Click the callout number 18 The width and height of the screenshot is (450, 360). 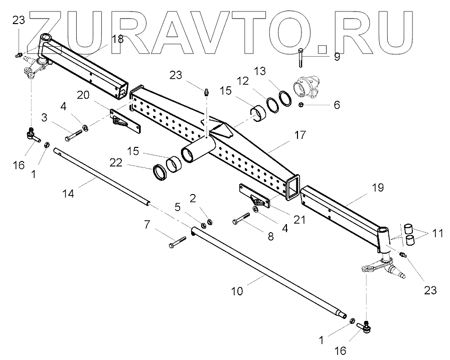pyautogui.click(x=117, y=39)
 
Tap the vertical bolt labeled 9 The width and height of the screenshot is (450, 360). pyautogui.click(x=299, y=57)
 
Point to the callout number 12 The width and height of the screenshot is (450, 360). pyautogui.click(x=243, y=80)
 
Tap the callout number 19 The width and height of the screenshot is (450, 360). pyautogui.click(x=378, y=188)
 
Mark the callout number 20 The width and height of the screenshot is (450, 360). pyautogui.click(x=83, y=95)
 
